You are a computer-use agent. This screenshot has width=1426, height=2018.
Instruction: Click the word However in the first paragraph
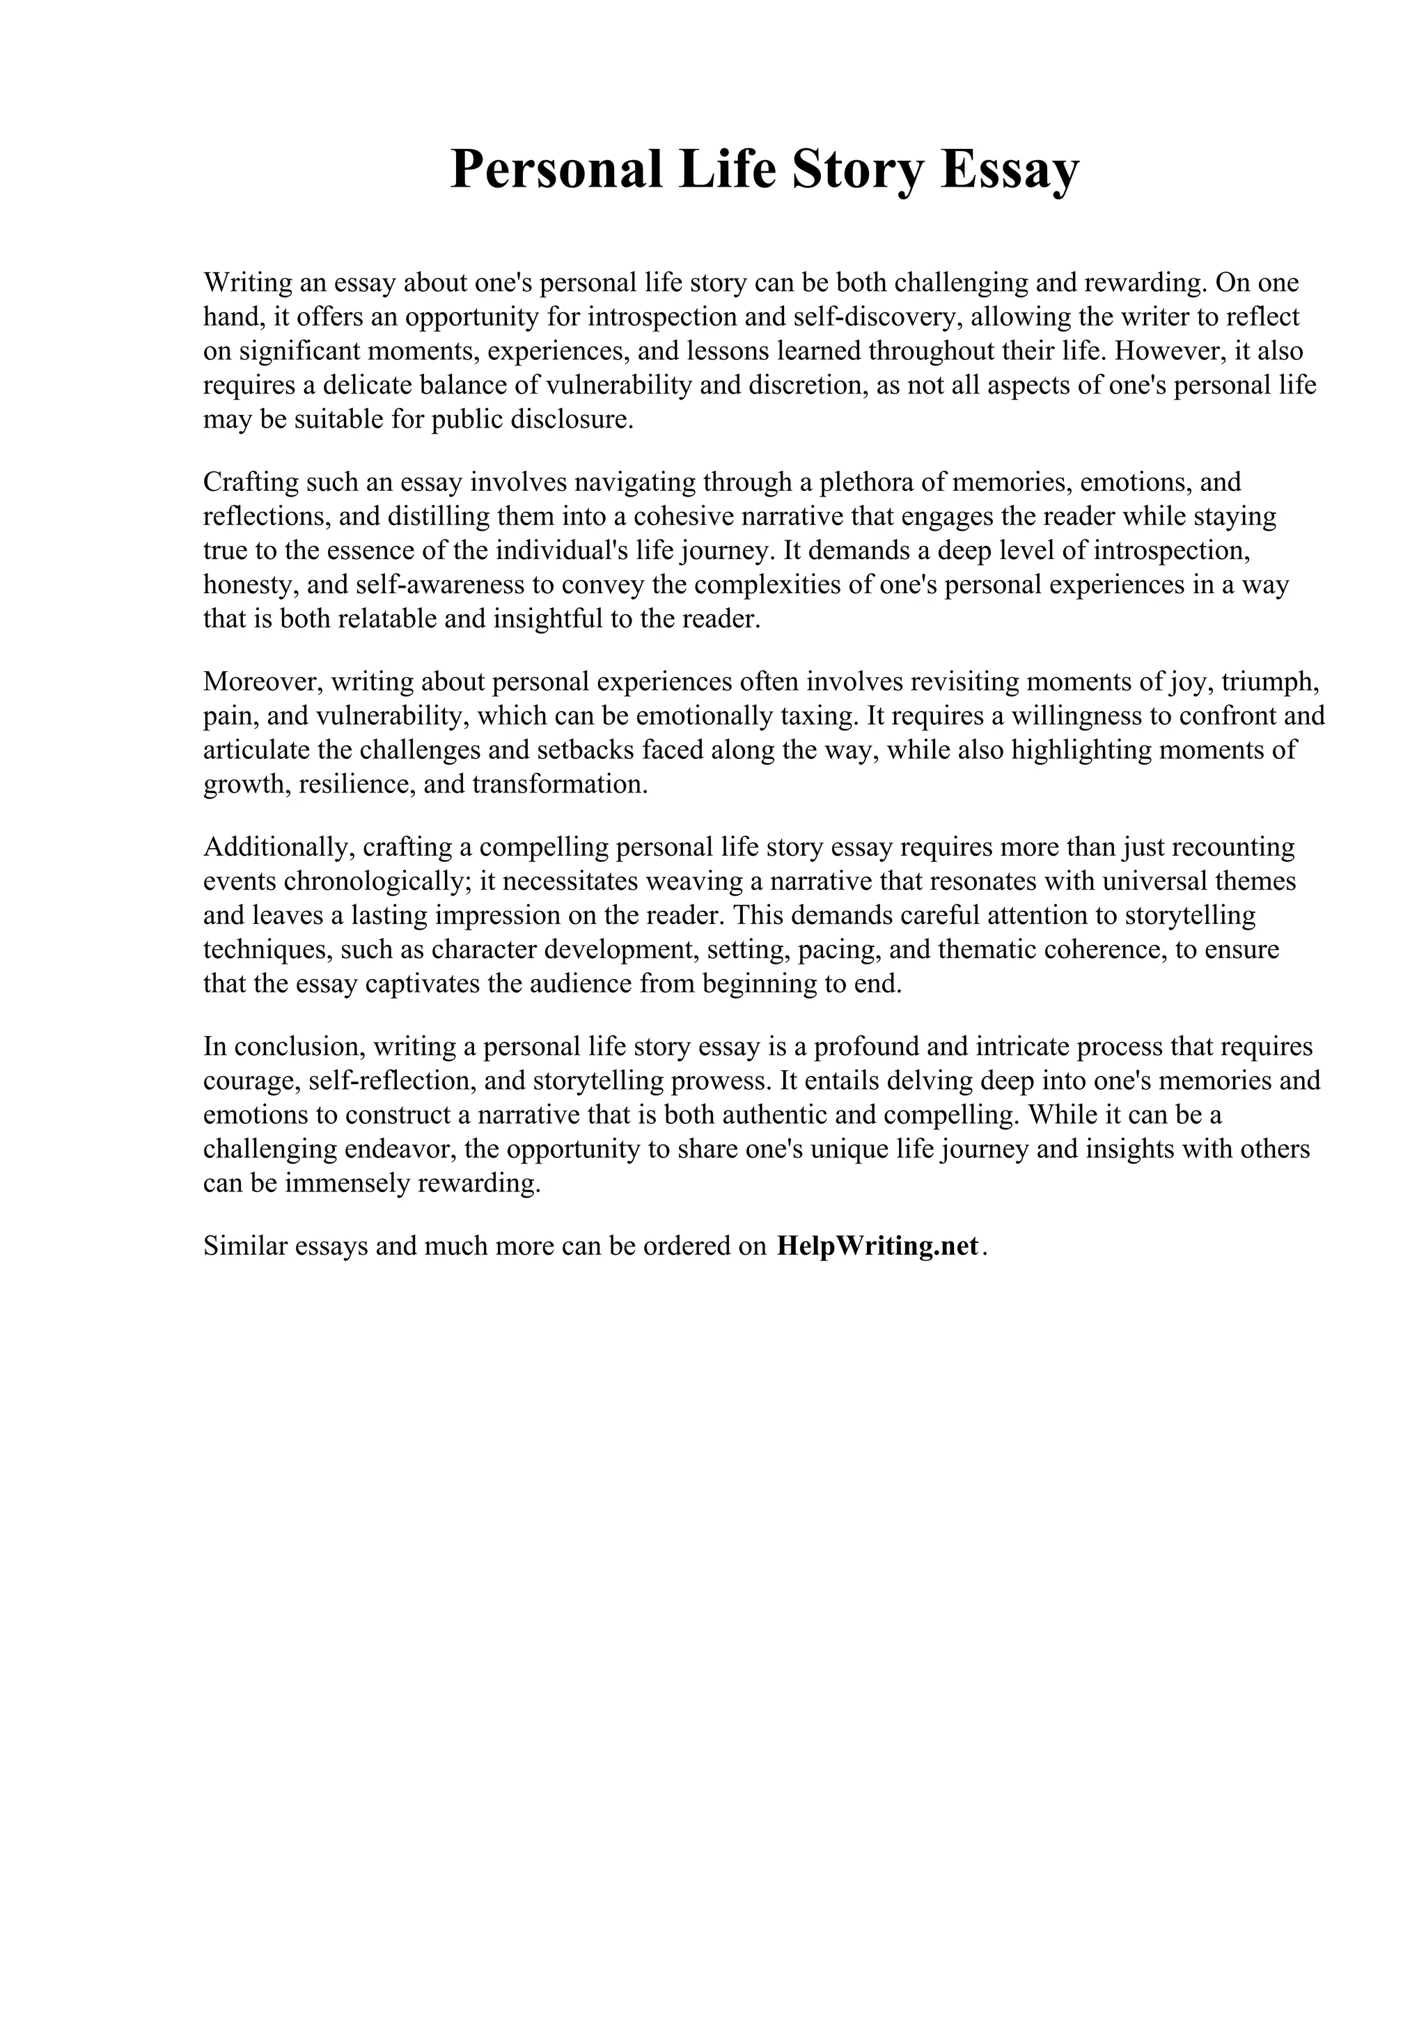pos(1167,352)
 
